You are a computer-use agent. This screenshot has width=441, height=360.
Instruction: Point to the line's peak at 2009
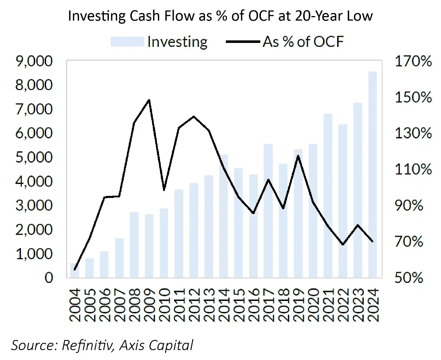(x=149, y=100)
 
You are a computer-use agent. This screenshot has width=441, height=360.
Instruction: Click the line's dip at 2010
(x=164, y=190)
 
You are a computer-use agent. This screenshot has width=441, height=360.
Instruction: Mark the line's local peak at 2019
(x=298, y=156)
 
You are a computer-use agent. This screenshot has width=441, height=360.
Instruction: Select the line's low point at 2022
(x=343, y=245)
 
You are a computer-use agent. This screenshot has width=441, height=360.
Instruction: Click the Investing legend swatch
(x=127, y=42)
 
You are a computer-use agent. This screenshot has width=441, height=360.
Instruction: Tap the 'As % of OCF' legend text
(x=303, y=42)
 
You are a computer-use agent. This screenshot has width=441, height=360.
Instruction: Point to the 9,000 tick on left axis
(x=34, y=61)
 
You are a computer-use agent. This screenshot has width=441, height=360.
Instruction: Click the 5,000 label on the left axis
(x=34, y=157)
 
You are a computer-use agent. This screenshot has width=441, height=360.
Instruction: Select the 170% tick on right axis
(x=413, y=61)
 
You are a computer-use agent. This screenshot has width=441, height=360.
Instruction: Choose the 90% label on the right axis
(x=409, y=205)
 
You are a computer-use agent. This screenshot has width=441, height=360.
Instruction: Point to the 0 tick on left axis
(x=49, y=278)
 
